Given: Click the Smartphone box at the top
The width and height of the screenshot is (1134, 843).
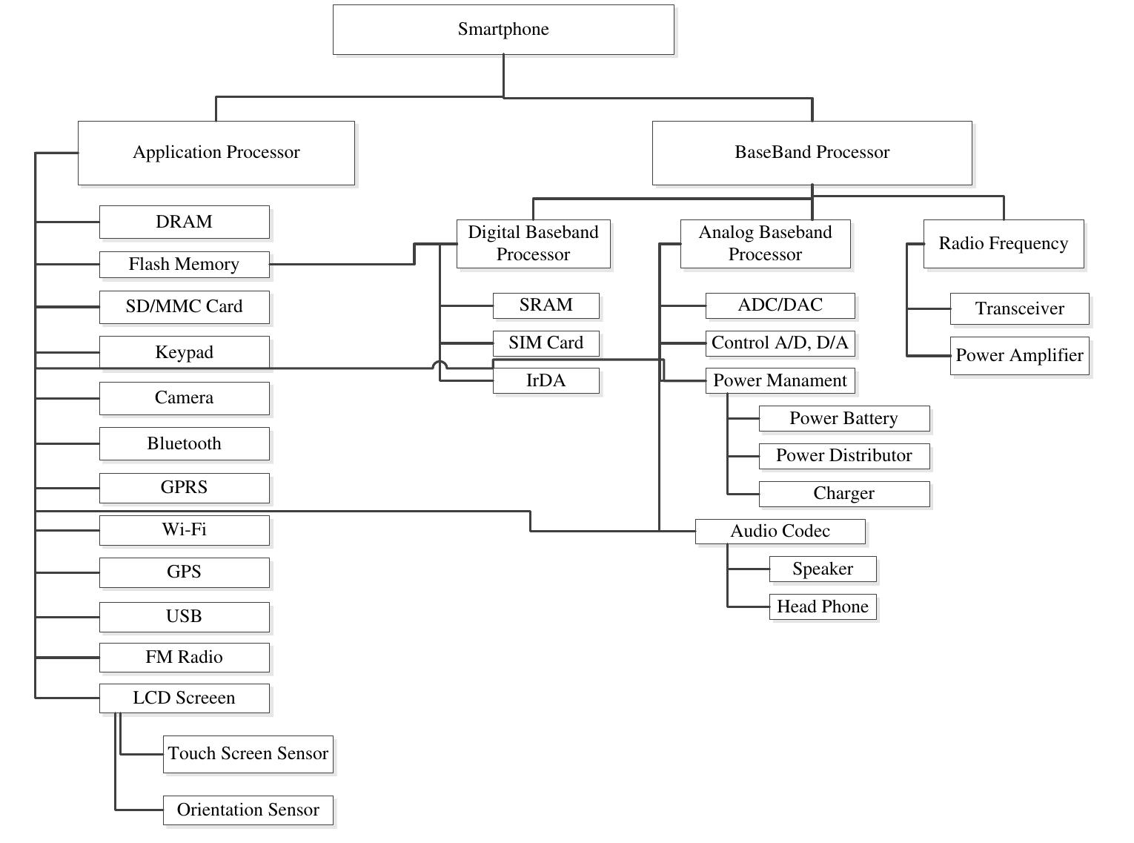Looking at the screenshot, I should pos(503,30).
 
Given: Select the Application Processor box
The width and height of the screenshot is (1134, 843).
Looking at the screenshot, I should pos(216,153).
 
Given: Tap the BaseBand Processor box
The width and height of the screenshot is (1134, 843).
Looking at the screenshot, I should pos(812,153).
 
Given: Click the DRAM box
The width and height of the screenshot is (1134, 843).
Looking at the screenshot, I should pos(184,222).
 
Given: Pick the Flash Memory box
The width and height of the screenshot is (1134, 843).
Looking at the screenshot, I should pos(184,265).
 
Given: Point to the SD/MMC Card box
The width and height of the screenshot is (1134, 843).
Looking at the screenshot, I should pos(184,307).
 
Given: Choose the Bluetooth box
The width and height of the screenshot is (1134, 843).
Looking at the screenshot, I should pos(184,443).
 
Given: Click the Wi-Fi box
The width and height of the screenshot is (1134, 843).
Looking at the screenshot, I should pos(184,529).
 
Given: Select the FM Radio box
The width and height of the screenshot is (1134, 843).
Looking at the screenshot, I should pos(184,657).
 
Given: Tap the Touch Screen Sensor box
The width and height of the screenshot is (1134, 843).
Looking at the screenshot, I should pos(248,754).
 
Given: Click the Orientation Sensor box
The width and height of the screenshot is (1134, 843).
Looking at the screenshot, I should pos(248,810).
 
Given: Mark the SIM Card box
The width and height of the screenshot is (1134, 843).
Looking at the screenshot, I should pos(546,343).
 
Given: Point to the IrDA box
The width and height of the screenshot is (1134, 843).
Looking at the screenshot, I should pos(546,381).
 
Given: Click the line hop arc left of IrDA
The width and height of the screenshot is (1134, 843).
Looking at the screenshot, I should pos(440,365).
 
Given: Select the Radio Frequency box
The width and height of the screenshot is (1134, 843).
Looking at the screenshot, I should pos(1003,244).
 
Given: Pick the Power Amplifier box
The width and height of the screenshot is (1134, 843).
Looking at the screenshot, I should pos(1019,356).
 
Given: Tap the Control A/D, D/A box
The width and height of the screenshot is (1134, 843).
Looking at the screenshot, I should pos(780,343).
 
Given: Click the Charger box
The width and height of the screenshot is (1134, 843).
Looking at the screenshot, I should pos(843,494).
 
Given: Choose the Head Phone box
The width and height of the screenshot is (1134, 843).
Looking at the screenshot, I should pos(822,606).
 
